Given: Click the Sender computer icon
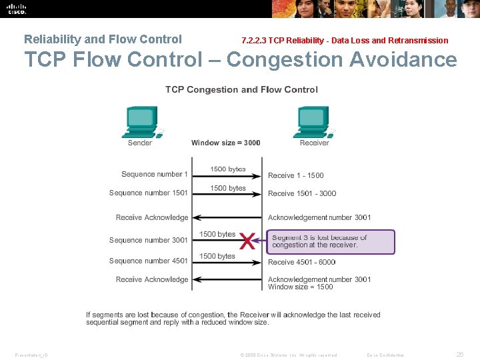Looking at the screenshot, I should [x=141, y=121].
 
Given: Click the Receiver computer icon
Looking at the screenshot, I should [x=313, y=121].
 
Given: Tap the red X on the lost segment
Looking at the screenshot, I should [x=248, y=241].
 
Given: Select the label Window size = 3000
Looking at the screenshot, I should [x=225, y=143].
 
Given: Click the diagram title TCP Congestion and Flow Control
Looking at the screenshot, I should [x=241, y=89].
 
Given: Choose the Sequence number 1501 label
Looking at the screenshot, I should [x=149, y=193].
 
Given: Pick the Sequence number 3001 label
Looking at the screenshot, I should [x=149, y=240].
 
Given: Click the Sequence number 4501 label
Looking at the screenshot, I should [x=149, y=261].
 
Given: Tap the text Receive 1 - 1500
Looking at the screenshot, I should [x=296, y=175].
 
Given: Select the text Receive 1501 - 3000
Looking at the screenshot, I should [x=302, y=193].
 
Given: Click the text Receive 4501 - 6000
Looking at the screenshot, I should [x=302, y=262].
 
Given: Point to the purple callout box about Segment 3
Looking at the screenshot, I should [x=331, y=241].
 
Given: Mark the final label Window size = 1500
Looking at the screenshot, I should [x=301, y=287].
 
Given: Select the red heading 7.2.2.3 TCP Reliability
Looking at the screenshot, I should [x=345, y=41].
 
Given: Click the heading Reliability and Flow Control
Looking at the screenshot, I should [x=103, y=39].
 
